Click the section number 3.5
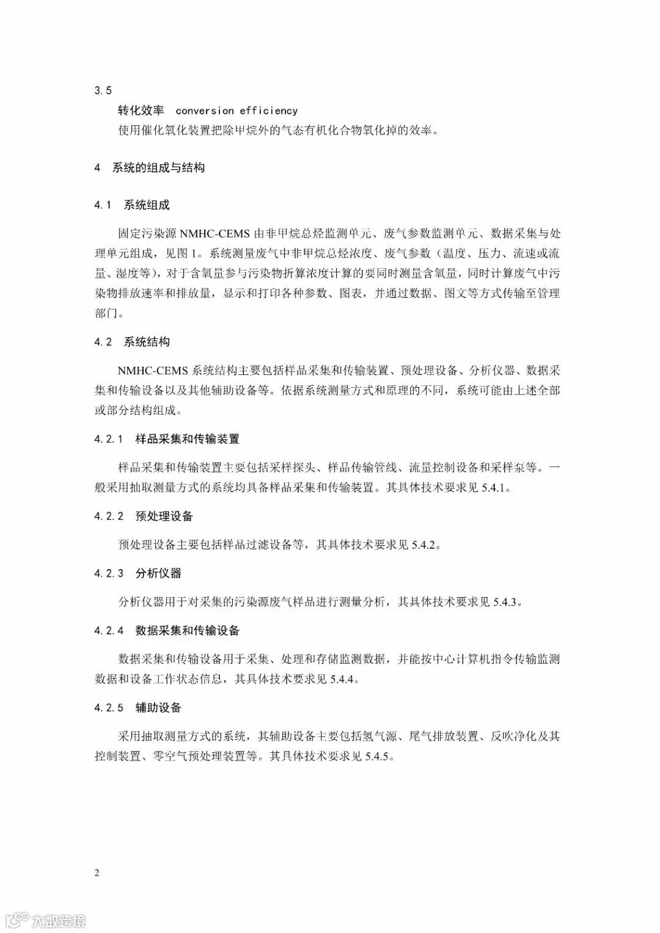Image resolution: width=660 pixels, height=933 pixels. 103,90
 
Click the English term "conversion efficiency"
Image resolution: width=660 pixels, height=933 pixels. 237,111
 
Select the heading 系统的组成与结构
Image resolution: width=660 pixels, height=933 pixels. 158,167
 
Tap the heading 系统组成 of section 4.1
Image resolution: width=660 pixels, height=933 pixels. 147,205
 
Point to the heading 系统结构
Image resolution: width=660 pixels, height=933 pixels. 147,342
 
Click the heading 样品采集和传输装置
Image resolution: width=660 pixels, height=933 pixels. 188,439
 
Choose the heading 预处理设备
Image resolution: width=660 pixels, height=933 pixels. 164,517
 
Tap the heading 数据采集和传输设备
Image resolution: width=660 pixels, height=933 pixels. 188,631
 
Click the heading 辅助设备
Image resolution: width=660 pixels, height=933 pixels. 159,708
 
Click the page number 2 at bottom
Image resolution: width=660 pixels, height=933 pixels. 97,873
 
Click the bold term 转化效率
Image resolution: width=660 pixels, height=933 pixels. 141,111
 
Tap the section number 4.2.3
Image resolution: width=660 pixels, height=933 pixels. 109,573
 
